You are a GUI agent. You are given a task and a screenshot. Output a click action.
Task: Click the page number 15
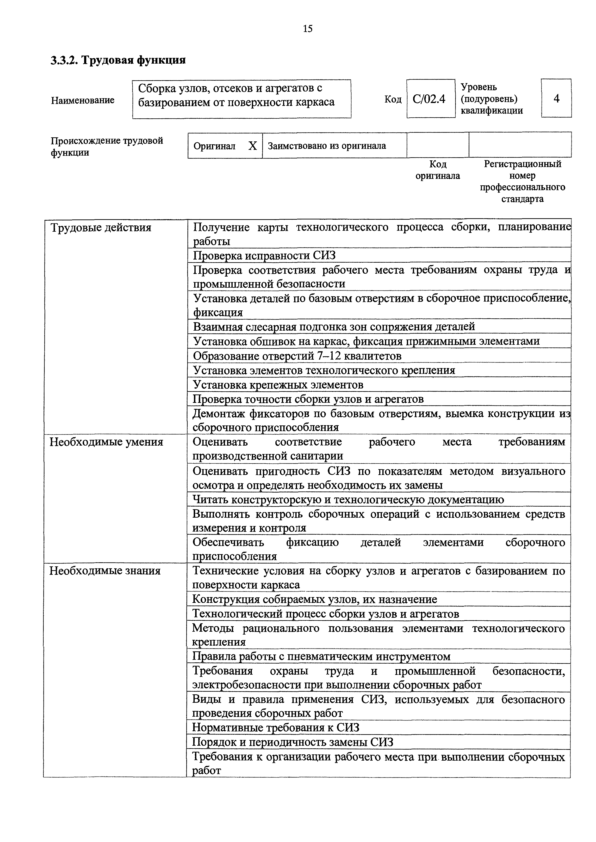(308, 29)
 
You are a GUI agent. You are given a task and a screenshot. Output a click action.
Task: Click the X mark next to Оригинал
(253, 146)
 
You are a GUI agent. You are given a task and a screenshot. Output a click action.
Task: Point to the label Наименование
(83, 100)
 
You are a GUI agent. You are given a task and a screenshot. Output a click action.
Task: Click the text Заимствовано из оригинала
(327, 146)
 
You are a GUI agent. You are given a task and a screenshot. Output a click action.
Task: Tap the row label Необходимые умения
(106, 442)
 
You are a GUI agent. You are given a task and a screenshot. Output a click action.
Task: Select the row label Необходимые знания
(105, 571)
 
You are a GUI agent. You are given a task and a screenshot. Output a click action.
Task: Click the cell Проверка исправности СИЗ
(264, 255)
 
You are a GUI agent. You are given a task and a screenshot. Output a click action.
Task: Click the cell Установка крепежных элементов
(278, 385)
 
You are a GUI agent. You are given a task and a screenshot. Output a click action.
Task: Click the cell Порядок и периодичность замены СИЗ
(292, 742)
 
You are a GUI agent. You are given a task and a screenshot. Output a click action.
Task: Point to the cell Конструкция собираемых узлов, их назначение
(315, 599)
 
